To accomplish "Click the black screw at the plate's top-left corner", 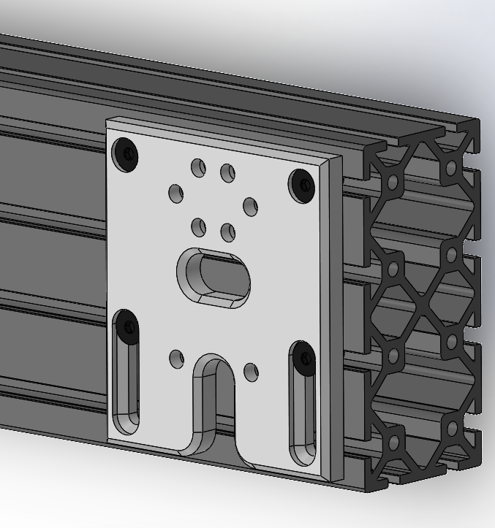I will click(126, 155).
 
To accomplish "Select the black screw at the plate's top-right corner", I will click(302, 185).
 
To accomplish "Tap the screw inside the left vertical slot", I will click(127, 325).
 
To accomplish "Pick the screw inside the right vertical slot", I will click(303, 357).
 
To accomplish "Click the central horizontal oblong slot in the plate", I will click(214, 277).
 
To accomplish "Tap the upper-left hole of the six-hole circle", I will click(198, 167).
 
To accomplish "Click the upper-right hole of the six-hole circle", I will click(228, 172).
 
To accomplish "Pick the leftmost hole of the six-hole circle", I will click(176, 194).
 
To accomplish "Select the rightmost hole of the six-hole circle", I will click(250, 207).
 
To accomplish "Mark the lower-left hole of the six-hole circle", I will click(198, 227).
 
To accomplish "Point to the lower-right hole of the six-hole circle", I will click(228, 232).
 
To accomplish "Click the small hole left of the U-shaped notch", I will click(176, 359).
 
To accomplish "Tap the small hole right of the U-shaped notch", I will click(251, 372).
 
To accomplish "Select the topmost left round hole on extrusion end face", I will click(393, 182).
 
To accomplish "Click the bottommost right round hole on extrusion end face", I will click(453, 427).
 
